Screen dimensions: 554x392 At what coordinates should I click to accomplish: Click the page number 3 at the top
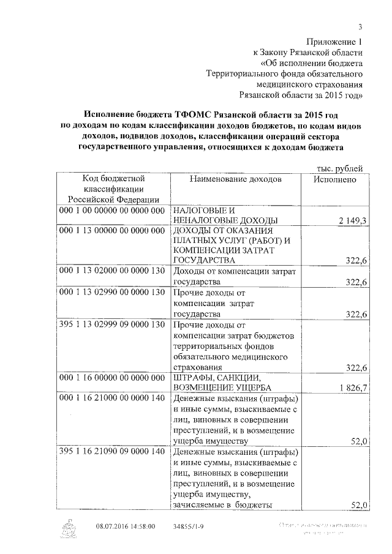click(361, 26)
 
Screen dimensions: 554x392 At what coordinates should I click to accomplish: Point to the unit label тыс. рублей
click(339, 168)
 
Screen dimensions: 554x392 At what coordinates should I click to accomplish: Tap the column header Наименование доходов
click(235, 179)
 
